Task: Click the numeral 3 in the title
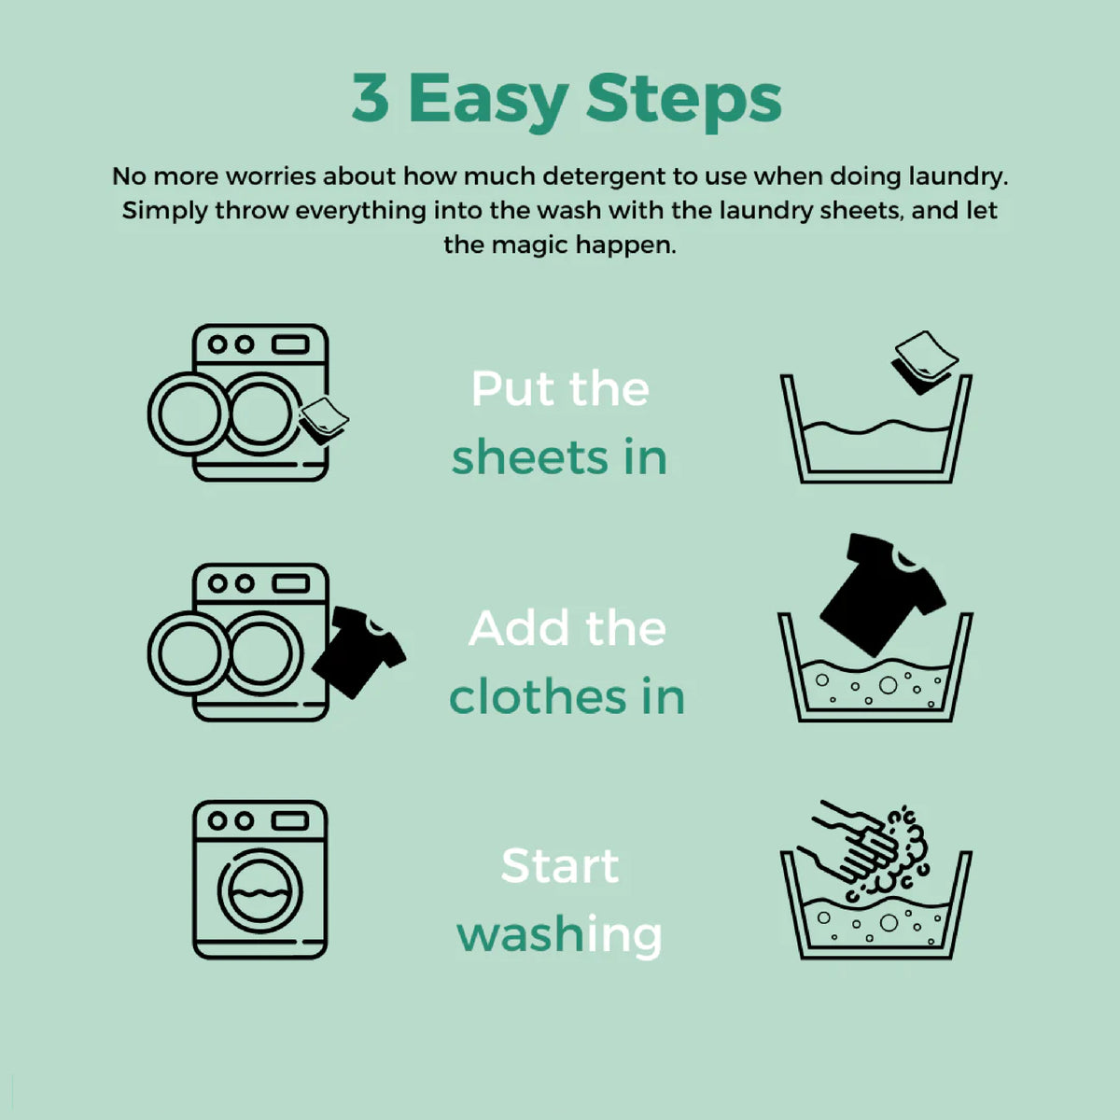pos(371,98)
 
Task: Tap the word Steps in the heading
pos(683,103)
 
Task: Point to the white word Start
pos(560,865)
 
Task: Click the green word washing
pos(559,934)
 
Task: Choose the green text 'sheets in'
pos(559,458)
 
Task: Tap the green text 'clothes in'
pos(567,696)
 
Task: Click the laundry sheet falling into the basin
pos(924,362)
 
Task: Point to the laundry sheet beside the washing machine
pos(324,421)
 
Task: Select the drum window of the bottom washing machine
pos(259,891)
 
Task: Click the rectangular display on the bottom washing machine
pos(290,820)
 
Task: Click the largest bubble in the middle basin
pos(888,685)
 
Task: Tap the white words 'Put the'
pos(560,389)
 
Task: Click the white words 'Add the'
pos(567,628)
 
